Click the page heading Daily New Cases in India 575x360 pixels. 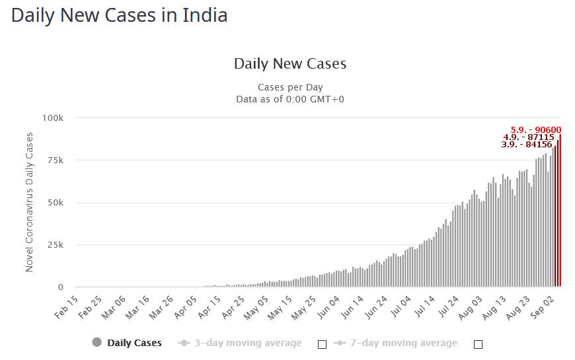pyautogui.click(x=120, y=16)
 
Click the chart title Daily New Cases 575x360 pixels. pyautogui.click(x=290, y=64)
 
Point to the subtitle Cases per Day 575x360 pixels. pyautogui.click(x=290, y=87)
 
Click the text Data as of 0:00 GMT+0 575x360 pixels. pyautogui.click(x=290, y=99)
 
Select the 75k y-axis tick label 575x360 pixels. pyautogui.click(x=54, y=161)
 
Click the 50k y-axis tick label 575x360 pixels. pyautogui.click(x=54, y=203)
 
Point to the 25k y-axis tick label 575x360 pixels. pyautogui.click(x=54, y=245)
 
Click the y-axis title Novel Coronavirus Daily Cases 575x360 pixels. pyautogui.click(x=29, y=201)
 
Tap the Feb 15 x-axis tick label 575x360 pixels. pyautogui.click(x=67, y=306)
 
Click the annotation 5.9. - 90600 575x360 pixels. pyautogui.click(x=536, y=130)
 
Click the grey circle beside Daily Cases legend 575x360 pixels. pyautogui.click(x=97, y=343)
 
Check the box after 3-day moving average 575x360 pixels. pyautogui.click(x=323, y=344)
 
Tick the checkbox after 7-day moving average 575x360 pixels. pyautogui.click(x=479, y=344)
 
